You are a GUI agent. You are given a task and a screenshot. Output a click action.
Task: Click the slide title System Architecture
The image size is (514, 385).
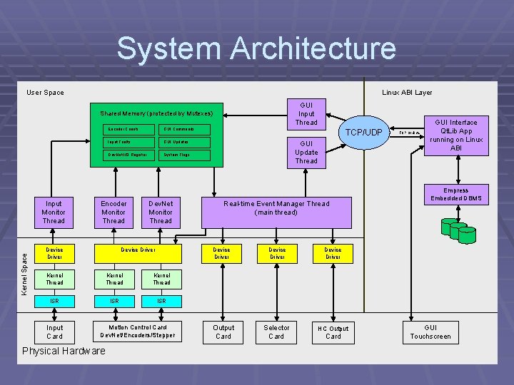[256, 48]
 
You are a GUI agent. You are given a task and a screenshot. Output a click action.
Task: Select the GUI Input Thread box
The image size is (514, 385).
[306, 113]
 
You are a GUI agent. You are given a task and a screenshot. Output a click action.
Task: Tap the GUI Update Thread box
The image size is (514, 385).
[306, 152]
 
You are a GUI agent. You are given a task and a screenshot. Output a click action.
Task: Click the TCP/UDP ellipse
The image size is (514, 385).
[364, 133]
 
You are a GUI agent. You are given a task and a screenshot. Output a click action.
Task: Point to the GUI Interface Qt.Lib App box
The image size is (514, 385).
[456, 135]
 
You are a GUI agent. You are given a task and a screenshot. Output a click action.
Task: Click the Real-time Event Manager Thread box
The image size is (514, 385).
[276, 207]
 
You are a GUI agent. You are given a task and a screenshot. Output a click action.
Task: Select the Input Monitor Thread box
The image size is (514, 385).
[54, 212]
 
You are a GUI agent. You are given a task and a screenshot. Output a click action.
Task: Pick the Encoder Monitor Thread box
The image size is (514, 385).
[114, 212]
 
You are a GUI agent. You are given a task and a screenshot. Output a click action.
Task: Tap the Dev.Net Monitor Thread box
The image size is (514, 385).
[161, 212]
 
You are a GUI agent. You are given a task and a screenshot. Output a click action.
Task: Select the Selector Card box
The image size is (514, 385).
[276, 332]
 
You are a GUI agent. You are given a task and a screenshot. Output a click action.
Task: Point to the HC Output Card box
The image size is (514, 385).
[333, 332]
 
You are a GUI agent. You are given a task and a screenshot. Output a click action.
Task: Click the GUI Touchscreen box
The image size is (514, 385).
[430, 332]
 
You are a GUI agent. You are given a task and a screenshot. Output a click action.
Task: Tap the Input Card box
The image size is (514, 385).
[54, 332]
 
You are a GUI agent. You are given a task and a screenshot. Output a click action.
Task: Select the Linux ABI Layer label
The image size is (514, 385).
[407, 92]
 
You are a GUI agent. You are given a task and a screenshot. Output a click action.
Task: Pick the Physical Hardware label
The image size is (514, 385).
[64, 351]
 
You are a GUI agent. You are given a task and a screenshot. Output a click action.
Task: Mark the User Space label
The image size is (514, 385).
[45, 92]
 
